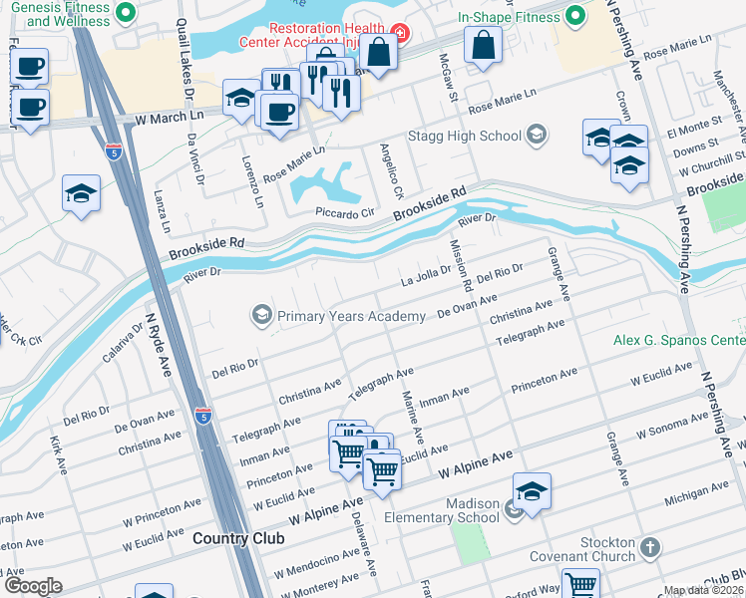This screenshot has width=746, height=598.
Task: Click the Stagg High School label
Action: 464,136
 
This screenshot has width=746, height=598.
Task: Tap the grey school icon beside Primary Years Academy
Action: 262,316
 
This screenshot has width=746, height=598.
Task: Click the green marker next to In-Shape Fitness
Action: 575,16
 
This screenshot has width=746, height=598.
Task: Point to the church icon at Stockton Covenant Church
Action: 649,547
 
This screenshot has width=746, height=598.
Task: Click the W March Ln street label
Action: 170,119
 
